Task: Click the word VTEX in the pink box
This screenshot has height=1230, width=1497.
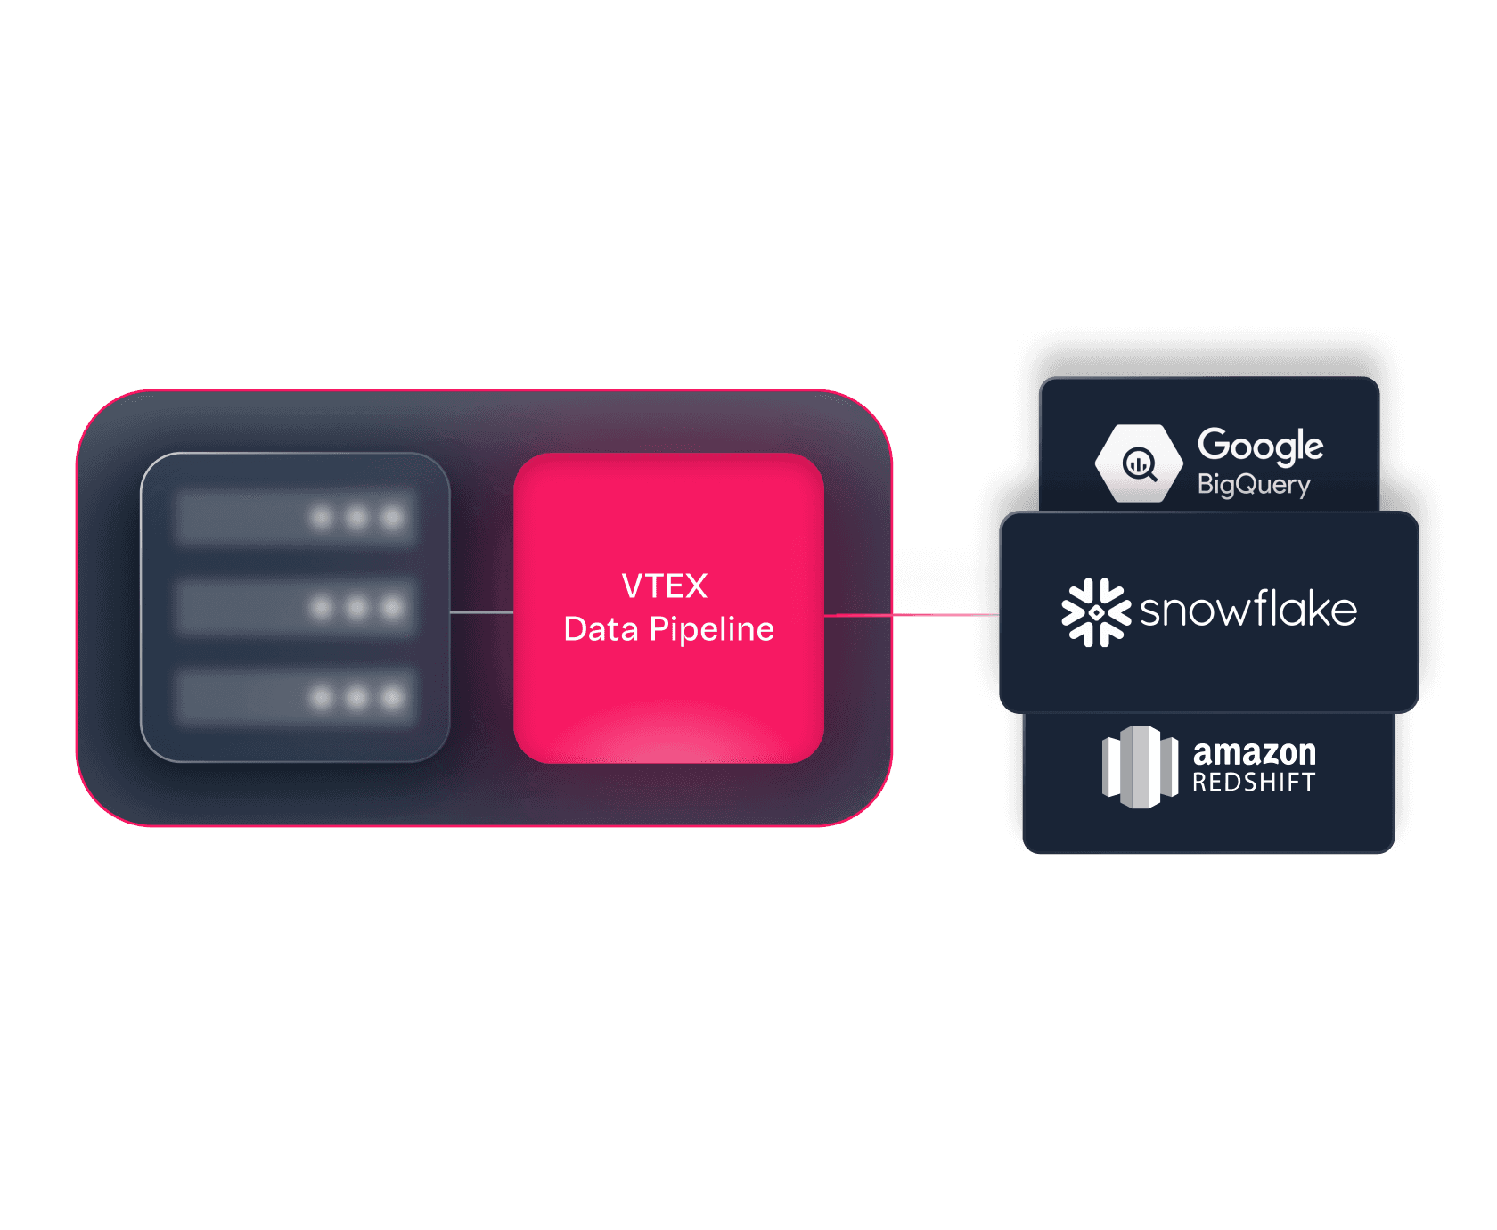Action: (x=664, y=586)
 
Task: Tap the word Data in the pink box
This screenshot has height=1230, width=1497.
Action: (x=601, y=629)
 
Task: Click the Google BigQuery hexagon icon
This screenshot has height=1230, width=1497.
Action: (x=1139, y=463)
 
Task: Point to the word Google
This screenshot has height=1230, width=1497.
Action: (x=1260, y=445)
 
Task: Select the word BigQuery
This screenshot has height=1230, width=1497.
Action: (x=1253, y=485)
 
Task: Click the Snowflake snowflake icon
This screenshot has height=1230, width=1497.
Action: (x=1096, y=612)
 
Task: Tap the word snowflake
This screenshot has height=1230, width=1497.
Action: (x=1248, y=611)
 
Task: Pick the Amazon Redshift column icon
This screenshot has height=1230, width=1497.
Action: (x=1140, y=767)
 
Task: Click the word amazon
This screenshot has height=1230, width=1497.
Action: (x=1254, y=752)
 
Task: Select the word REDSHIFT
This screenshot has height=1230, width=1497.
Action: (x=1254, y=783)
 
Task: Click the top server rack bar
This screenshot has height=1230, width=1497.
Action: (x=294, y=517)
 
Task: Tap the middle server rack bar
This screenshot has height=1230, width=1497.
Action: (x=294, y=607)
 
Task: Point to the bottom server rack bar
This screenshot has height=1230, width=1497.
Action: (x=294, y=697)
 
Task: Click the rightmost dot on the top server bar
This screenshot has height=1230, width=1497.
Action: (x=392, y=517)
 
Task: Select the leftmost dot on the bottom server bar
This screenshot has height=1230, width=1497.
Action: (x=322, y=697)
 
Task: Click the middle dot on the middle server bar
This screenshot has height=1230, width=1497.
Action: (x=356, y=607)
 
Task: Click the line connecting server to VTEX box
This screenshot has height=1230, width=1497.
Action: (x=481, y=612)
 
